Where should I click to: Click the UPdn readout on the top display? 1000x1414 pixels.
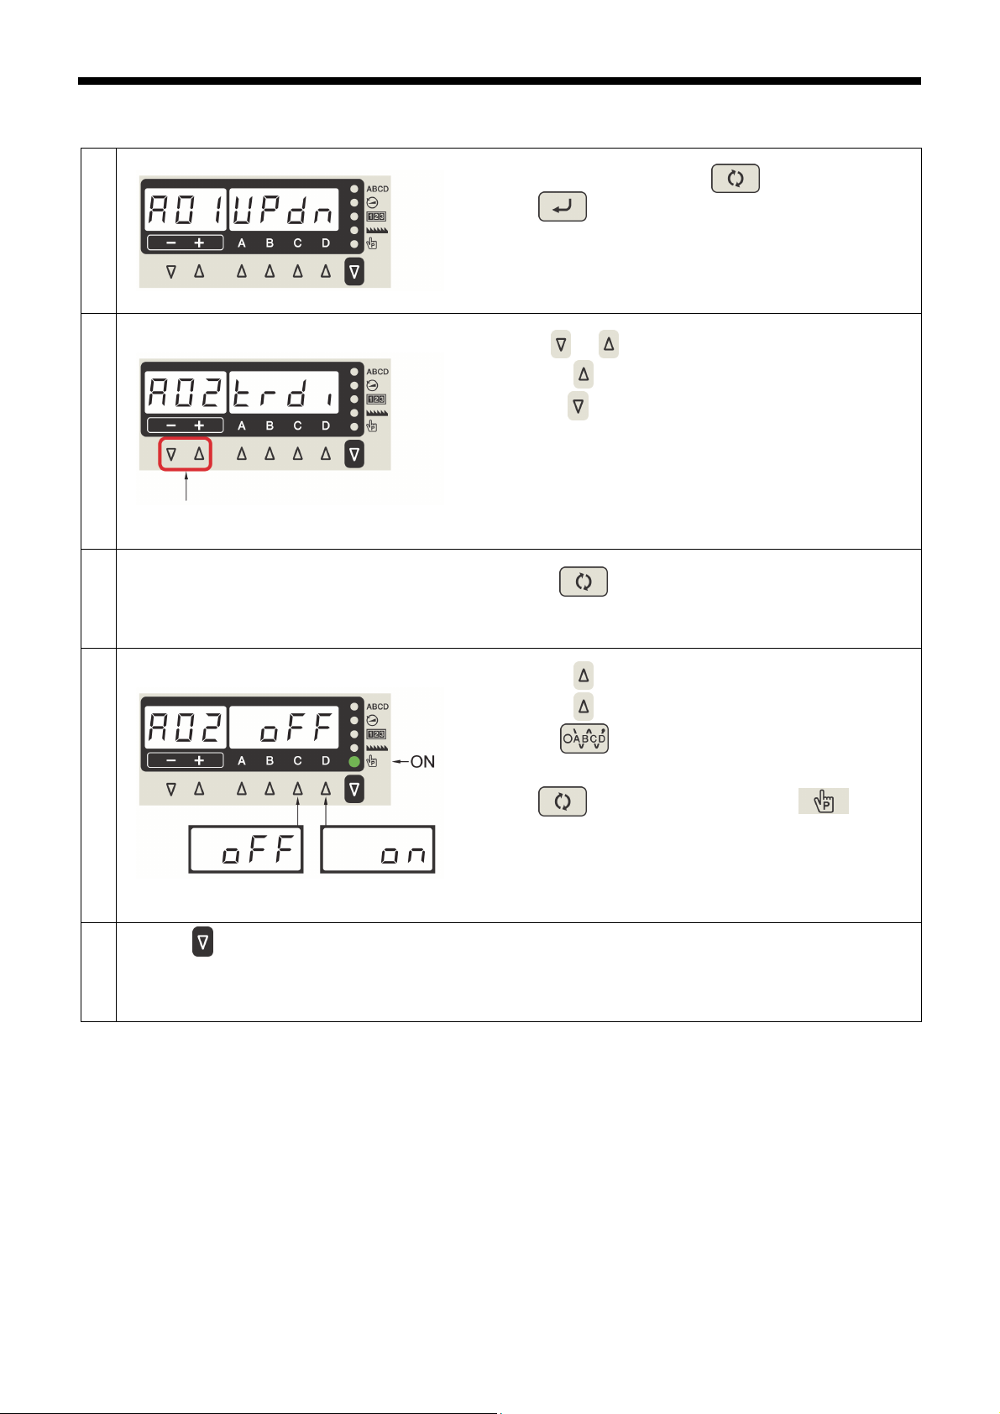[x=284, y=210]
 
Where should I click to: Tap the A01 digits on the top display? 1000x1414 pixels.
[x=186, y=210]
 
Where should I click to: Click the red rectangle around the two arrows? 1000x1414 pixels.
[x=186, y=454]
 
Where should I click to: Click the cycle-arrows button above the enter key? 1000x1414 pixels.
[x=736, y=179]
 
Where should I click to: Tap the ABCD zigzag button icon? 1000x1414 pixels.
[x=584, y=738]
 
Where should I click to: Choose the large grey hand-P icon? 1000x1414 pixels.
[x=823, y=801]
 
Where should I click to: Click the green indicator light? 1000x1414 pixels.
[x=354, y=762]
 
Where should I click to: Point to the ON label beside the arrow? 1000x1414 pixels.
[x=422, y=762]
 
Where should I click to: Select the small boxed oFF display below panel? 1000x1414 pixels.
[x=245, y=850]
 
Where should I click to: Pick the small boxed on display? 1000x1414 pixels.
[x=378, y=850]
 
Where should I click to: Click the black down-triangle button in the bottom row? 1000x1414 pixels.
[x=202, y=942]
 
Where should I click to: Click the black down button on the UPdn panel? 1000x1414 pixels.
[x=354, y=272]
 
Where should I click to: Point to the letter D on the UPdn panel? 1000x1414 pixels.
[x=326, y=243]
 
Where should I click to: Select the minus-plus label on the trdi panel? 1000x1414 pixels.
[x=186, y=425]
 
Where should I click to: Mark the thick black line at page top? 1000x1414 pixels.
[x=500, y=81]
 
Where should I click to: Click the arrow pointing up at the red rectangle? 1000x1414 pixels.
[x=186, y=487]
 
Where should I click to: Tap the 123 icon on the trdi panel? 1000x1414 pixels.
[x=377, y=399]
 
